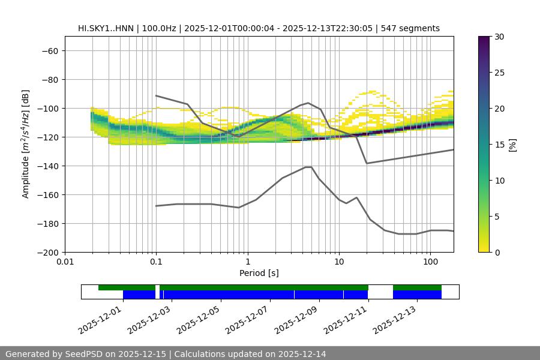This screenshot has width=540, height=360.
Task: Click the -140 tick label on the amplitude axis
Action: click(x=47, y=166)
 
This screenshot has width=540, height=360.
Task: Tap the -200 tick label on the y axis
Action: click(x=47, y=253)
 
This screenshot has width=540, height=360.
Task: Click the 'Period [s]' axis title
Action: click(x=259, y=274)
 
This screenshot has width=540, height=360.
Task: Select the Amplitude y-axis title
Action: click(x=26, y=144)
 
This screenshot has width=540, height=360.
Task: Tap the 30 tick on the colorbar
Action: click(x=499, y=37)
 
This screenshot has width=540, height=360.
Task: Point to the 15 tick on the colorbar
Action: click(x=499, y=145)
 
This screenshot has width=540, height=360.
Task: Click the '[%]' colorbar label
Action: click(x=512, y=145)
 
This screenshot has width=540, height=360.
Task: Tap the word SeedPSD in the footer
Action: click(x=83, y=354)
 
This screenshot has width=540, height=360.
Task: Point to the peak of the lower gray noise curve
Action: click(x=308, y=167)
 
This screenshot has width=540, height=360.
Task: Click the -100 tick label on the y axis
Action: click(x=47, y=109)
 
